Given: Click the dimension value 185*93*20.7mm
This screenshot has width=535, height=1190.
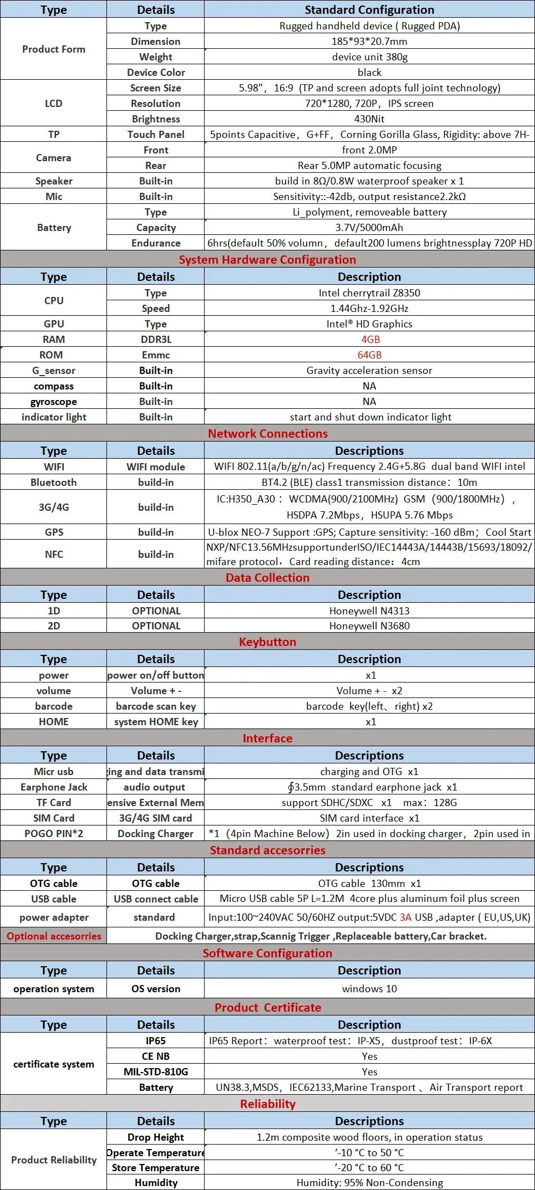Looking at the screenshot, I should pos(369,42).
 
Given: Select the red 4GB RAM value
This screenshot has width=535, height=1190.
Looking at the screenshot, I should pos(370,340).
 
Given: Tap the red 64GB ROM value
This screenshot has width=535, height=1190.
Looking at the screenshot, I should pos(369,355).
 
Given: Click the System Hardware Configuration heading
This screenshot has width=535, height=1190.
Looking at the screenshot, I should pos(267,260).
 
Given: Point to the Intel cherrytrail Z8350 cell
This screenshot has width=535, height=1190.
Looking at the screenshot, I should pos(369,293).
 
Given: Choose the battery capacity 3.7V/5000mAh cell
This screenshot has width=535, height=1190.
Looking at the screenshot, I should pos(369,228).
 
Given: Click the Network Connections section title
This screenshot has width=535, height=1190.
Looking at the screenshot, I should pos(267,434).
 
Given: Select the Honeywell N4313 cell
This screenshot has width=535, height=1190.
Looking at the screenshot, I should pos(369,611).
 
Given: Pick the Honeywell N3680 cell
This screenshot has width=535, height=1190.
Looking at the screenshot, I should pos(369,626).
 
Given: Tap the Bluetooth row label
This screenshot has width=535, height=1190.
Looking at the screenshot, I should pos(54,483).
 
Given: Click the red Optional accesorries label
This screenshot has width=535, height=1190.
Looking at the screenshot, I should pos(54,936).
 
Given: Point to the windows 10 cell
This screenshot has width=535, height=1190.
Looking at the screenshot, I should pos(369,989).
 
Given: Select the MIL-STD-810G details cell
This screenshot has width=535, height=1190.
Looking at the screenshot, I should pos(156,1072).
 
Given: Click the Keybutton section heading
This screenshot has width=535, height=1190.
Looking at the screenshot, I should pos(267,642).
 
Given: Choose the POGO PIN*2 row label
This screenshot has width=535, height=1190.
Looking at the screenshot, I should pos(54,834).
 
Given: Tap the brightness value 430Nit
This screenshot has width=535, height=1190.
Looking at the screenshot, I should pos(369,119).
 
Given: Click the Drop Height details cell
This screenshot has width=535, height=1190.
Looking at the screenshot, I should pos(156,1137).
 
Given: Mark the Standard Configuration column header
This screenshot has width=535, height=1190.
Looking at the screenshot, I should pos(369,10).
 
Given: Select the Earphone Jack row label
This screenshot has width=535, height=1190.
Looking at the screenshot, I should pos(54,787).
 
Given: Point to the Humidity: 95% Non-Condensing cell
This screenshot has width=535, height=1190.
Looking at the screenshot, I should pos(369,1183).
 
